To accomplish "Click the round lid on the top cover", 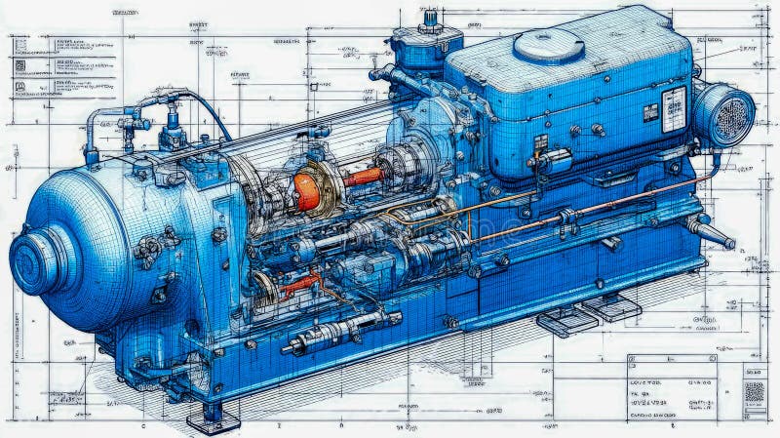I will [x=548, y=44].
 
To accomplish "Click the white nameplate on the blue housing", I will [x=673, y=107].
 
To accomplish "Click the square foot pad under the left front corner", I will [x=213, y=418].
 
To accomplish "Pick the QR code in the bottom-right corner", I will [x=754, y=392].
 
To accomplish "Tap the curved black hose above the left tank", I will [x=210, y=109].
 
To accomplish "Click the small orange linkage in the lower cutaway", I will [x=298, y=284].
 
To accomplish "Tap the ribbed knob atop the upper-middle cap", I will [x=430, y=19].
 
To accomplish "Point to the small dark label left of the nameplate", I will [x=650, y=112].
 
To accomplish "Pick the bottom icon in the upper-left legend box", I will [x=19, y=87].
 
